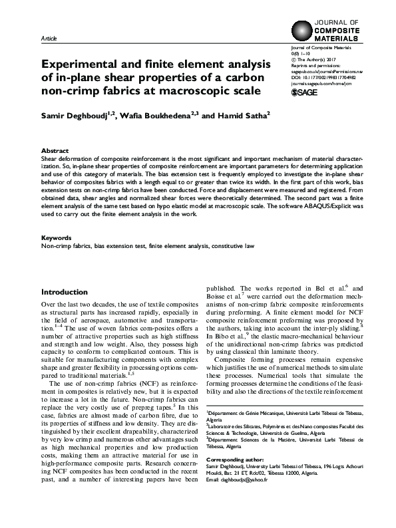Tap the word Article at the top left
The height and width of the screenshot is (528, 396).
49,39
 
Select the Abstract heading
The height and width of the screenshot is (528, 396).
54,151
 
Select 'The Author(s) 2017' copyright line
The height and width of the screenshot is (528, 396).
319,59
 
